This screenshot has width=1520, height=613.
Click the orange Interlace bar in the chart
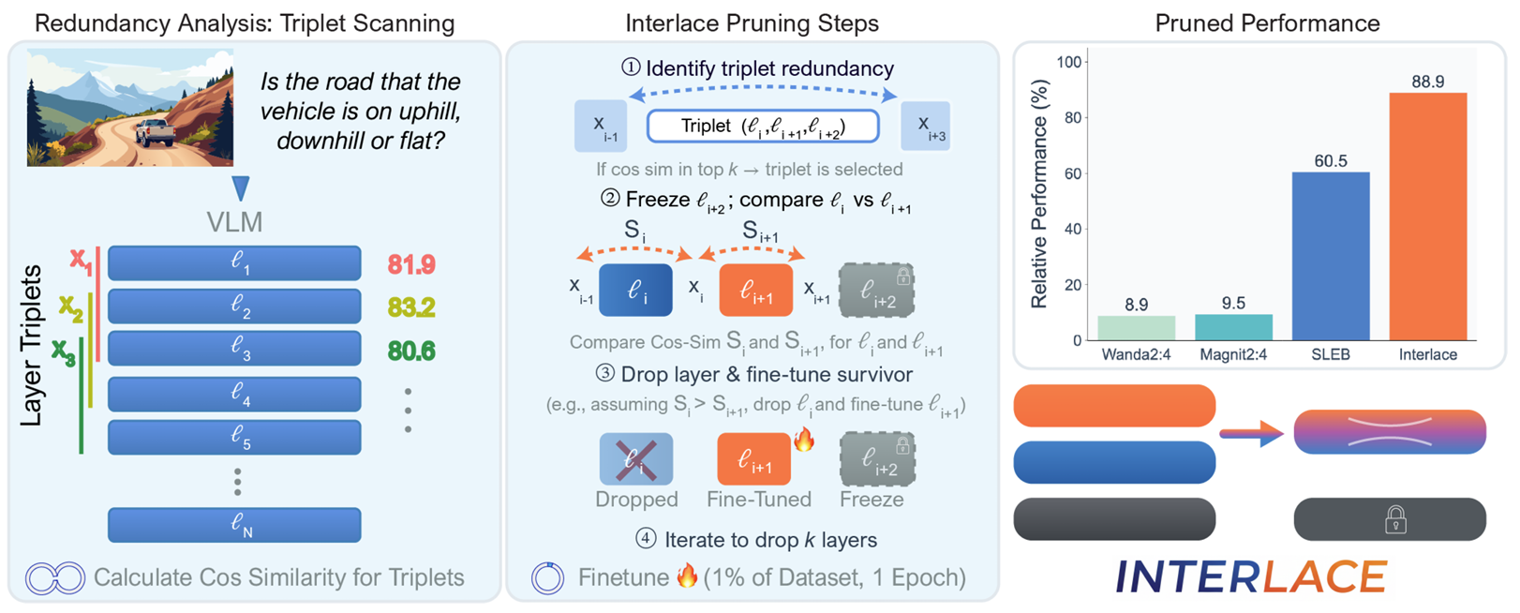pos(1427,216)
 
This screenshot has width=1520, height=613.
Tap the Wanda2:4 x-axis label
pos(1136,355)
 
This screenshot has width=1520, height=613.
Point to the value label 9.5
pos(1233,303)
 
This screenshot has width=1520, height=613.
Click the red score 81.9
pos(410,265)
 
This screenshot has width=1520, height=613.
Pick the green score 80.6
pos(410,351)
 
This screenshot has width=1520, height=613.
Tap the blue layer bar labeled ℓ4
pos(234,394)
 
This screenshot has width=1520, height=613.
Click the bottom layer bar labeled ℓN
pos(234,525)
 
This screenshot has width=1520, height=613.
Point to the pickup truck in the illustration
pos(156,131)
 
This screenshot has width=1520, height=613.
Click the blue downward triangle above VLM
pos(241,188)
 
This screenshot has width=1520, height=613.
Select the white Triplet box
pos(763,127)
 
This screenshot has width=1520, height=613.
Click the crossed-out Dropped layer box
pos(635,458)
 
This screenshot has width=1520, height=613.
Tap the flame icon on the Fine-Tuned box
pos(804,440)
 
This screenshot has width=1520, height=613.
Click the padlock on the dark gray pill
pos(1395,519)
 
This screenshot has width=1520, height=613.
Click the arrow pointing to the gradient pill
pos(1251,433)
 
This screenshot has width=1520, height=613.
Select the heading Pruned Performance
pos(1267,23)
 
